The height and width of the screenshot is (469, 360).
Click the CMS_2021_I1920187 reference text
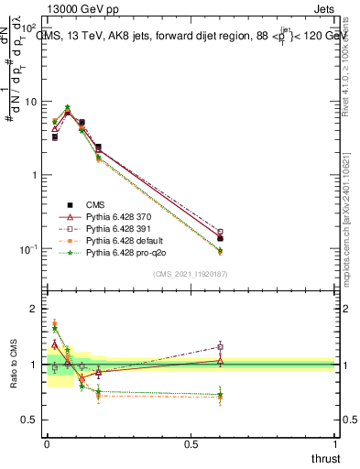click(191, 273)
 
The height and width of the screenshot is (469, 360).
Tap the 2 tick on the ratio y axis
click(37, 309)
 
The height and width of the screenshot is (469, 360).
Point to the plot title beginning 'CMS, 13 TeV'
click(191, 37)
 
